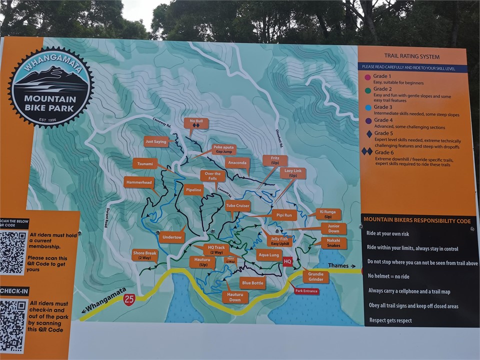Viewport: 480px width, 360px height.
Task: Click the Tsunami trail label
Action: point(145,163)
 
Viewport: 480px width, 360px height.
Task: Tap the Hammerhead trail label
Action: point(139,182)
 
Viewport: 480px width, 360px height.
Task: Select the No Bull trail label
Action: point(196,123)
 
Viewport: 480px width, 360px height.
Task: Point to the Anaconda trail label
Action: point(237,162)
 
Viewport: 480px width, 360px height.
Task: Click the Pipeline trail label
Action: point(193,190)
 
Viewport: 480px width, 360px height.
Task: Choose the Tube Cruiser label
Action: point(237,205)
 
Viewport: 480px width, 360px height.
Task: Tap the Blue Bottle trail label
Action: point(252,283)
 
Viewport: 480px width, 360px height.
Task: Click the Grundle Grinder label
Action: point(316,276)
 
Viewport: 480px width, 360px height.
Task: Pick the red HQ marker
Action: point(287,261)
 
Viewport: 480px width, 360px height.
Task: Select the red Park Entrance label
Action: point(306,291)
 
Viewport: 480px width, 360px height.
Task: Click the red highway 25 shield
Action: point(129,299)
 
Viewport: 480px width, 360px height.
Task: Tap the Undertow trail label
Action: point(173,237)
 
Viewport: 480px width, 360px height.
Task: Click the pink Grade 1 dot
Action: point(368,77)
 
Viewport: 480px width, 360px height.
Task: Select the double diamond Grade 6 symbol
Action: point(367,151)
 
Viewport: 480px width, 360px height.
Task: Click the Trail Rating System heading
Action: point(412,56)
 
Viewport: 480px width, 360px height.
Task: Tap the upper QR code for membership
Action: point(12,252)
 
